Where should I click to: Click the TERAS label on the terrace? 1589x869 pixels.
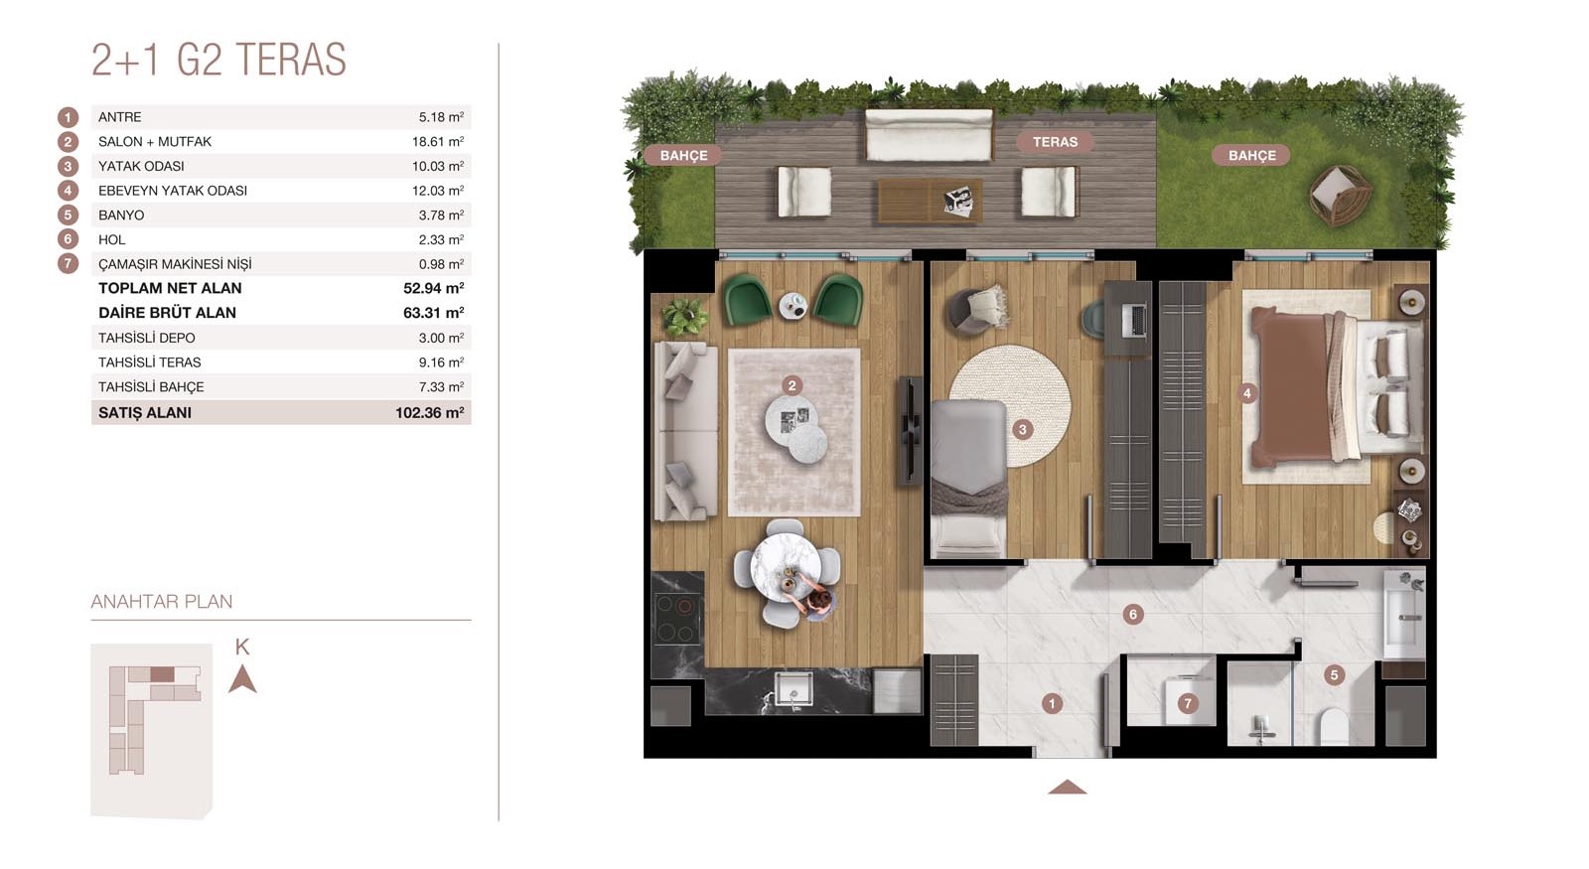click(1055, 142)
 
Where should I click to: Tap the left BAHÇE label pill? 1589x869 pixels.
click(684, 155)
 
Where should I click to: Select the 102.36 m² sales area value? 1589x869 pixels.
click(429, 413)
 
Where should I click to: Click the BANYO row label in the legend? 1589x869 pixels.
click(121, 215)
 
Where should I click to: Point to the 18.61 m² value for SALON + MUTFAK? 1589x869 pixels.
click(438, 141)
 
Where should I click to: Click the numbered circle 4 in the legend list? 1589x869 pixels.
click(69, 190)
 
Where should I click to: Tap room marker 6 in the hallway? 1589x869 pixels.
click(1133, 615)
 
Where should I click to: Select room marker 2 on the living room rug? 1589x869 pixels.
click(792, 386)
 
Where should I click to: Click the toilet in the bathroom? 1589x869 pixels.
click(1335, 726)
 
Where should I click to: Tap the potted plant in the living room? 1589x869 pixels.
click(684, 317)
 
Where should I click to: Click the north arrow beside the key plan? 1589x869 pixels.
click(242, 679)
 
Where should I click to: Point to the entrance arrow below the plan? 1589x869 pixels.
click(1067, 787)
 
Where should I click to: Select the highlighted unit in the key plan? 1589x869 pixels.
click(163, 674)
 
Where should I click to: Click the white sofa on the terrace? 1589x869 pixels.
click(929, 135)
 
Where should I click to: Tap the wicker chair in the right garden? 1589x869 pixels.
click(1340, 195)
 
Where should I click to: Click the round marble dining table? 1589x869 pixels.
click(786, 567)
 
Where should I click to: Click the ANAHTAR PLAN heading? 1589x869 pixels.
click(162, 602)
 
